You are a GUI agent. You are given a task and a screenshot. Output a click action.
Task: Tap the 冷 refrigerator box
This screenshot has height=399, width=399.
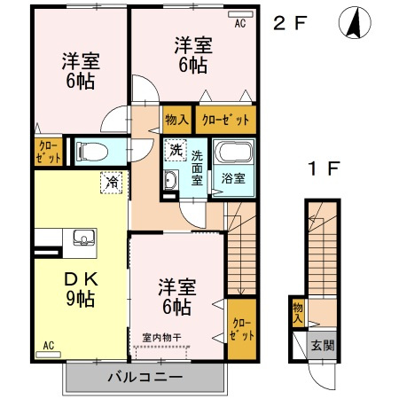point(113,181)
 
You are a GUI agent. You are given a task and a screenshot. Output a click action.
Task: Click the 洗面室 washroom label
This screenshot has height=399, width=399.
point(197,167)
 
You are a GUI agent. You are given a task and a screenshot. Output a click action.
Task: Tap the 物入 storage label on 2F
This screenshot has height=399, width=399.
point(176,120)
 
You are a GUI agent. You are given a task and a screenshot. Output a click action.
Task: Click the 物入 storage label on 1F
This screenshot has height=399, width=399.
point(297,312)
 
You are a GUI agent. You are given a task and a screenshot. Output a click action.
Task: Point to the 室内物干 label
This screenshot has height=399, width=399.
point(161,336)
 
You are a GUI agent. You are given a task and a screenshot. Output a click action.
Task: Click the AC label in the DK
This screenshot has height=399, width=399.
point(48,346)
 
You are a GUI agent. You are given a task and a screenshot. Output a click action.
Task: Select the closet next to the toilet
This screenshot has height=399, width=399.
point(49,152)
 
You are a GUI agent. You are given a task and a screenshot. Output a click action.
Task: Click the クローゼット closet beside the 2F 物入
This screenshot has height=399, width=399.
point(223,120)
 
